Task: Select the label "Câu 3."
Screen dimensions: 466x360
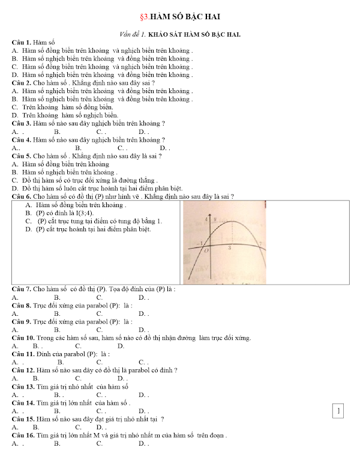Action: coord(22,123)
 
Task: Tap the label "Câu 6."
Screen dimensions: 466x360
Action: coord(22,196)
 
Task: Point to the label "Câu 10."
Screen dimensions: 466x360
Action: coord(24,338)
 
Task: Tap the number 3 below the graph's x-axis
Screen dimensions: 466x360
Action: coord(230,247)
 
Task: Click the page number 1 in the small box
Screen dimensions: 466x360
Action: coord(339,411)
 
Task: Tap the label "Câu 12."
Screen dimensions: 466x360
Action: coord(24,371)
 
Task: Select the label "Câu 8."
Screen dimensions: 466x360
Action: coord(22,305)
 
